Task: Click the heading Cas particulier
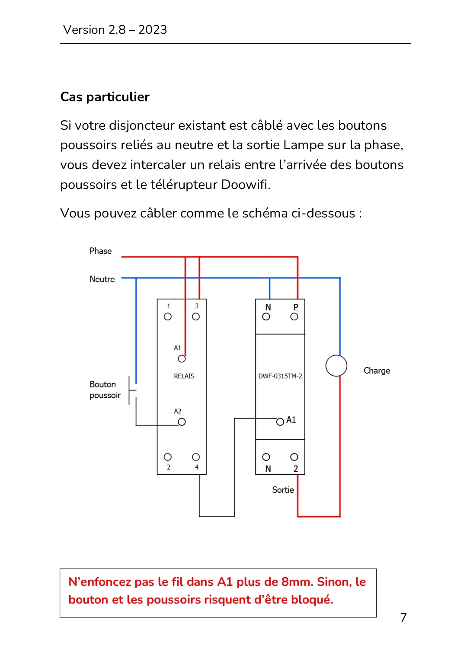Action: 105,97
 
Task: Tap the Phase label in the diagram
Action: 100,251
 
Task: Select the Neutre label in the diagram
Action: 102,279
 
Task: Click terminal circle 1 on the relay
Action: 168,316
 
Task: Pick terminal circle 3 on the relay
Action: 196,316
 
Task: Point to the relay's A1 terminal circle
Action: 182,359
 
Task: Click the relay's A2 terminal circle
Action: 182,422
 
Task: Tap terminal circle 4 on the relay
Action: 196,457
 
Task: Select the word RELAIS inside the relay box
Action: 184,376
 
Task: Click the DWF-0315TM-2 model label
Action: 280,376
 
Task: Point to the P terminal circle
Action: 294,316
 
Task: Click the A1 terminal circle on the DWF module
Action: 280,422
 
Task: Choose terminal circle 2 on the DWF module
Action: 294,457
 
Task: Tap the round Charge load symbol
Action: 336,355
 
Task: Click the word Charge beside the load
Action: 377,371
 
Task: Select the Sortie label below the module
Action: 283,490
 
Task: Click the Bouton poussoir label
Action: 105,390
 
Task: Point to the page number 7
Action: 403,617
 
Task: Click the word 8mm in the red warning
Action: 297,582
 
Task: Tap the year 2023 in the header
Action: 153,30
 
